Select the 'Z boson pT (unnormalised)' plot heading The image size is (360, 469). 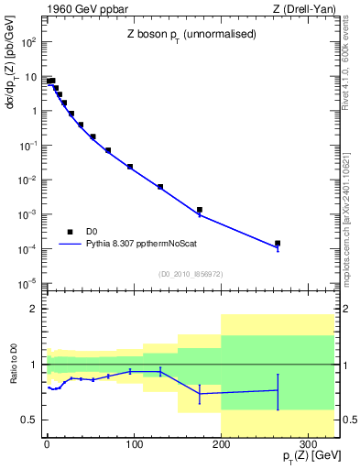180,33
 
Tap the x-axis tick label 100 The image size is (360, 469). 134,444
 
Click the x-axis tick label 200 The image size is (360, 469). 221,444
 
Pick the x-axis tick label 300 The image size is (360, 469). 308,444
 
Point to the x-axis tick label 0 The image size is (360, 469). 47,444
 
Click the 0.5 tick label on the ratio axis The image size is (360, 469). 30,420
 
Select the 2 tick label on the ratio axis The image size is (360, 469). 35,310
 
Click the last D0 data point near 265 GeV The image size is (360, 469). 277,244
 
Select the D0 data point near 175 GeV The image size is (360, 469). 199,210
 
